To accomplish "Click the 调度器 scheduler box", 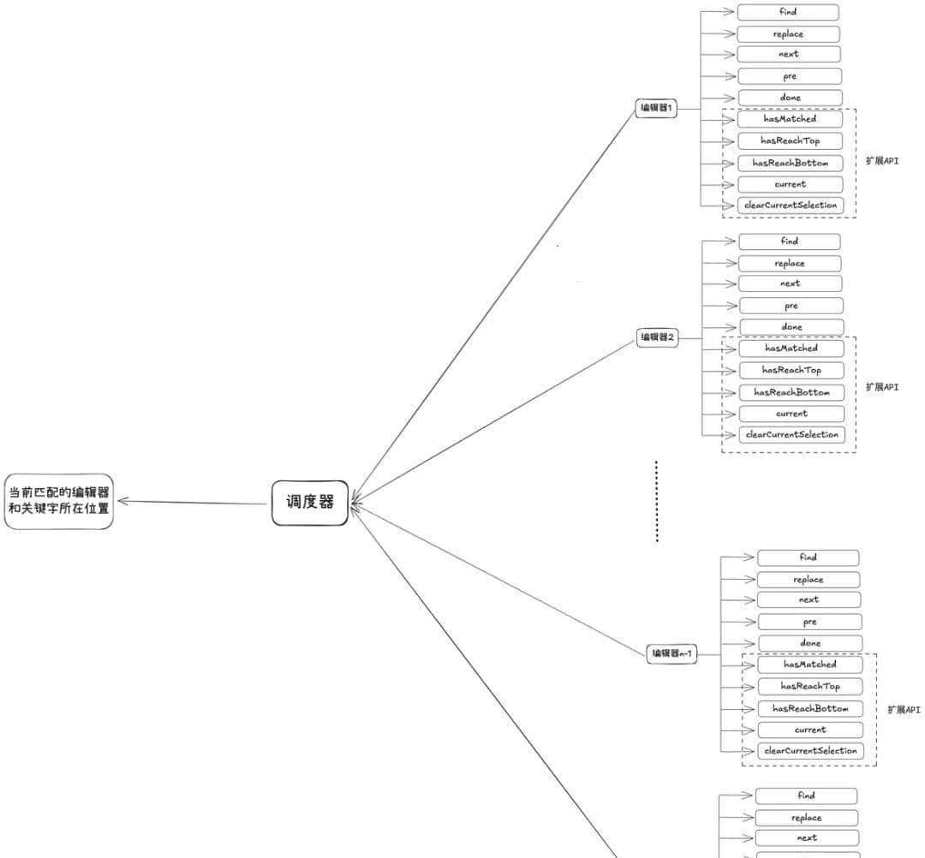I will (x=310, y=503).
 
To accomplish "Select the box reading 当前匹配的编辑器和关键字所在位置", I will (x=59, y=501).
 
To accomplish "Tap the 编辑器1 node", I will (x=657, y=109).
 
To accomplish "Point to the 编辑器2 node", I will (x=658, y=337).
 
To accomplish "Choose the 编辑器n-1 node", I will (x=671, y=654).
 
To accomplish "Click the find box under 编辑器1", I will (x=788, y=12).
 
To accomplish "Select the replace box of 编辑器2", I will (x=790, y=263).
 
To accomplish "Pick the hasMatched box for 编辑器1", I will (x=790, y=119).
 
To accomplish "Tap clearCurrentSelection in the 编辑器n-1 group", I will (x=810, y=751).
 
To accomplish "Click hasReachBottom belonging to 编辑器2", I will (x=791, y=392).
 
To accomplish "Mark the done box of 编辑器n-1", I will (x=810, y=643).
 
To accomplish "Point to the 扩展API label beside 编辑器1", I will (x=882, y=161).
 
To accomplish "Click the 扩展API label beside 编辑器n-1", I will (x=904, y=710).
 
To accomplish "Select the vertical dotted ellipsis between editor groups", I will (x=656, y=502).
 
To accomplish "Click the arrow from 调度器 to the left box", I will (x=193, y=502).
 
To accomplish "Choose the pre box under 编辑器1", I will (x=790, y=76).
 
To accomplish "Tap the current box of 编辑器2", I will (x=791, y=414).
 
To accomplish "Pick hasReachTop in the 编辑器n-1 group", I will (x=810, y=686).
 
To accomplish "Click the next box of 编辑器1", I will (x=789, y=54).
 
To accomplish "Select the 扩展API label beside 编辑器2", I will (x=882, y=387).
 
